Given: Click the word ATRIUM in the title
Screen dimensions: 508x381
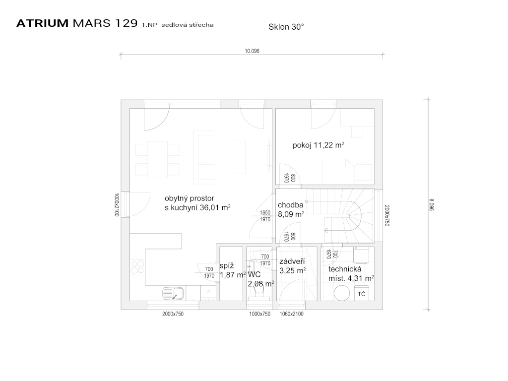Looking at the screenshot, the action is (x=43, y=23).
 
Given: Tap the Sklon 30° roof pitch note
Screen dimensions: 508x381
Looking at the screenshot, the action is (x=286, y=27).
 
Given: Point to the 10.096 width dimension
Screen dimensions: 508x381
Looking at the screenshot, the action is (x=252, y=51).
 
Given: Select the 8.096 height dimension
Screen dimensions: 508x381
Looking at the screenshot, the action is (x=431, y=205).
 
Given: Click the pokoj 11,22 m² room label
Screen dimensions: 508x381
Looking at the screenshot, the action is (x=318, y=145).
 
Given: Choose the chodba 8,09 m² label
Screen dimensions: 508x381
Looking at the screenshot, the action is (x=291, y=209).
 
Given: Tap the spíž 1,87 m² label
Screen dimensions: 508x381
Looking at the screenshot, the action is (x=232, y=270).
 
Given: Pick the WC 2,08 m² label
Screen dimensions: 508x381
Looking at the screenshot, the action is (x=261, y=279).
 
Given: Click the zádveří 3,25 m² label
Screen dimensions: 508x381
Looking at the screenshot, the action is (x=292, y=266).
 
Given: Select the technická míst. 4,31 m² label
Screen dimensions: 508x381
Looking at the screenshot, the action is (x=351, y=274).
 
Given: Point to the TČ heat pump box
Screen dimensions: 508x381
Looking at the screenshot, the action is (x=361, y=293).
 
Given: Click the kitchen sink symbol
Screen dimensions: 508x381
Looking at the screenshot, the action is (x=173, y=293).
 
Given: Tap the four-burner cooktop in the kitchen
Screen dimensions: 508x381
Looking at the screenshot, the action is (x=137, y=267).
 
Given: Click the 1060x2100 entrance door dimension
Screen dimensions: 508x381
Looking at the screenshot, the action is (x=292, y=314).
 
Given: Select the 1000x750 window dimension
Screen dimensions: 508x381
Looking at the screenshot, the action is (x=260, y=314).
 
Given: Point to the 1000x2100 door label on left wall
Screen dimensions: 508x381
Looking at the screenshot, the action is (x=117, y=205).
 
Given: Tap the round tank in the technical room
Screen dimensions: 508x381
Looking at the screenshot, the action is (x=342, y=293).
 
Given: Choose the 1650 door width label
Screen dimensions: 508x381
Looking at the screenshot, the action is (x=265, y=213).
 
